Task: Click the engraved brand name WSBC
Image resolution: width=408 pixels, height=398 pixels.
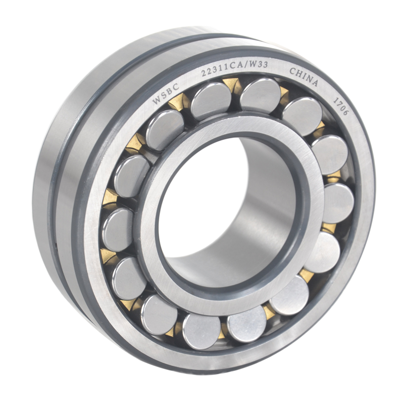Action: (163, 95)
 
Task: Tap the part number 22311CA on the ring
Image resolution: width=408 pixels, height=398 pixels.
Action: (218, 72)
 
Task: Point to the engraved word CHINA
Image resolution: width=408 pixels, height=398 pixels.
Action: (304, 77)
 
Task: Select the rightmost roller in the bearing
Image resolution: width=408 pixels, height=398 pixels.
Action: (338, 203)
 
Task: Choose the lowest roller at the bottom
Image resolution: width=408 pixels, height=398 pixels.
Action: (202, 331)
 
